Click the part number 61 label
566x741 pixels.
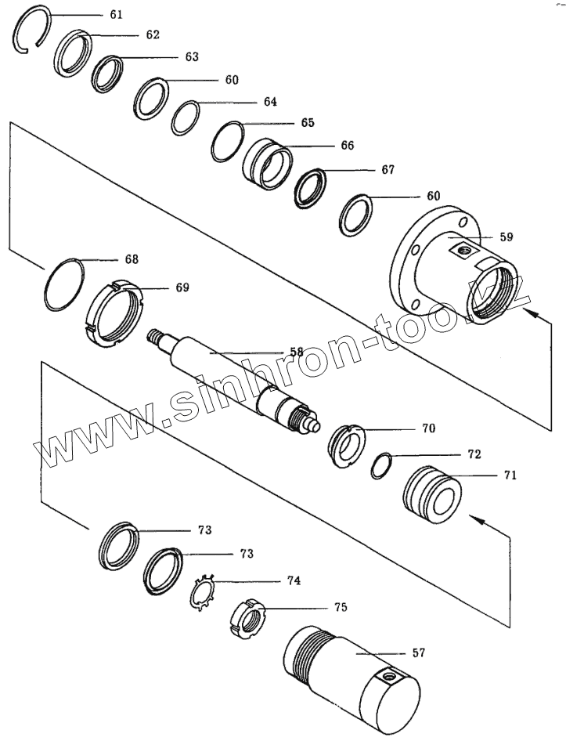[116, 14]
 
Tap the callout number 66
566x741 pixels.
[347, 146]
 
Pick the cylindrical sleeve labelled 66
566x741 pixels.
[267, 164]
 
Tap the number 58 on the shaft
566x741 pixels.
[297, 352]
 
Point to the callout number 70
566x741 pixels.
[427, 429]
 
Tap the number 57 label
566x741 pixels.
[418, 652]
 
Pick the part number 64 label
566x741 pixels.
[270, 102]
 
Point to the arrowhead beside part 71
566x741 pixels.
[472, 519]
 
